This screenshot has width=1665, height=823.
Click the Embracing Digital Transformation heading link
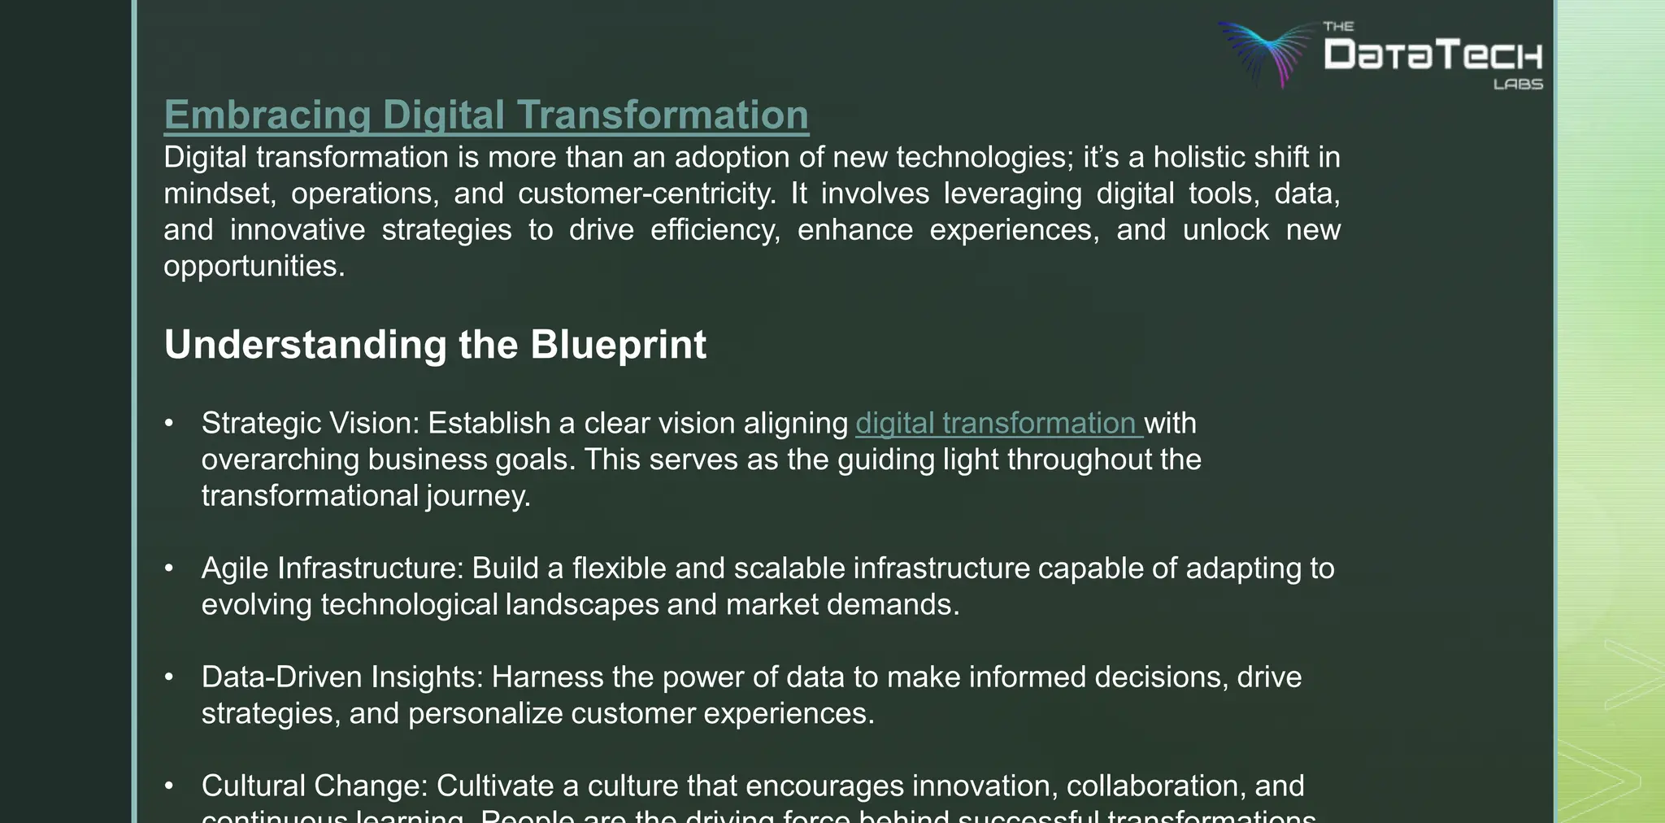(x=486, y=115)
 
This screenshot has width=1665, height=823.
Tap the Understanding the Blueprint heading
(x=435, y=345)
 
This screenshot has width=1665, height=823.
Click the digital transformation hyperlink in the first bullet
(x=998, y=424)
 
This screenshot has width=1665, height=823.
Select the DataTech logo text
(x=1432, y=55)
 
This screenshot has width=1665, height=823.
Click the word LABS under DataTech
(x=1518, y=84)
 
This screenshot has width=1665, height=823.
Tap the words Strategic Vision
(x=309, y=424)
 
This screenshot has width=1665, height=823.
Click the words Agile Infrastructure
(x=332, y=568)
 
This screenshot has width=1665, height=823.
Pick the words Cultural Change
(x=314, y=786)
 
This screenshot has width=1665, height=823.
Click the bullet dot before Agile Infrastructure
(x=169, y=568)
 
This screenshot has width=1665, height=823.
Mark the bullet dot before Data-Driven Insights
(x=169, y=677)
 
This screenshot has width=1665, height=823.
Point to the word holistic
(x=1191, y=157)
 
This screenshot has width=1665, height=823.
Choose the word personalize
(x=485, y=714)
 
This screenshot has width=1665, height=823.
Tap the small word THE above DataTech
(x=1338, y=27)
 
